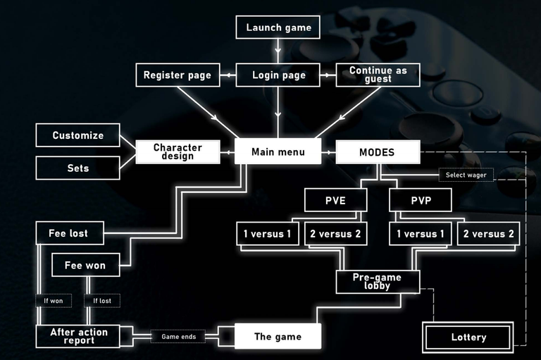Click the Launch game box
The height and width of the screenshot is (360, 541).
click(x=278, y=27)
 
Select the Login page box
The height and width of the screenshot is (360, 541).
click(x=278, y=75)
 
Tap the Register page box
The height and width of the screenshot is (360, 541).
click(x=178, y=75)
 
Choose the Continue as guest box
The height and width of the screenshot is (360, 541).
click(x=378, y=75)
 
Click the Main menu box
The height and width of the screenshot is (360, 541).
click(x=278, y=151)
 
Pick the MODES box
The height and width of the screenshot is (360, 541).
click(x=378, y=152)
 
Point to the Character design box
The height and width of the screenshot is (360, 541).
click(x=178, y=152)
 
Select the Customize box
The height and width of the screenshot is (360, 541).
click(x=77, y=135)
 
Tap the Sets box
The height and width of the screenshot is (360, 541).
click(x=77, y=168)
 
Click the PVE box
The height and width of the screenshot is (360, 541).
click(x=335, y=200)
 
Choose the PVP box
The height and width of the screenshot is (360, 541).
click(x=421, y=200)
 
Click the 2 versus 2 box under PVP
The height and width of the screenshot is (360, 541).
click(x=488, y=234)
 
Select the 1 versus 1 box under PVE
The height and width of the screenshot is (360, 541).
click(x=268, y=234)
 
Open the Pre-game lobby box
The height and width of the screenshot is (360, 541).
click(x=378, y=282)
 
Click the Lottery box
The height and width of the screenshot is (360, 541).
click(x=468, y=337)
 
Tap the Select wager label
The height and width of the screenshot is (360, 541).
click(x=466, y=175)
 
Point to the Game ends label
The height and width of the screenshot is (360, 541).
click(x=178, y=337)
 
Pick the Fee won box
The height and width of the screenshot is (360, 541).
click(x=85, y=265)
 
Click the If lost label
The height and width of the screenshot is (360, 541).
click(x=102, y=301)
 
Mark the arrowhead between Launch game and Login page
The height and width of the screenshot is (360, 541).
click(x=278, y=51)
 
